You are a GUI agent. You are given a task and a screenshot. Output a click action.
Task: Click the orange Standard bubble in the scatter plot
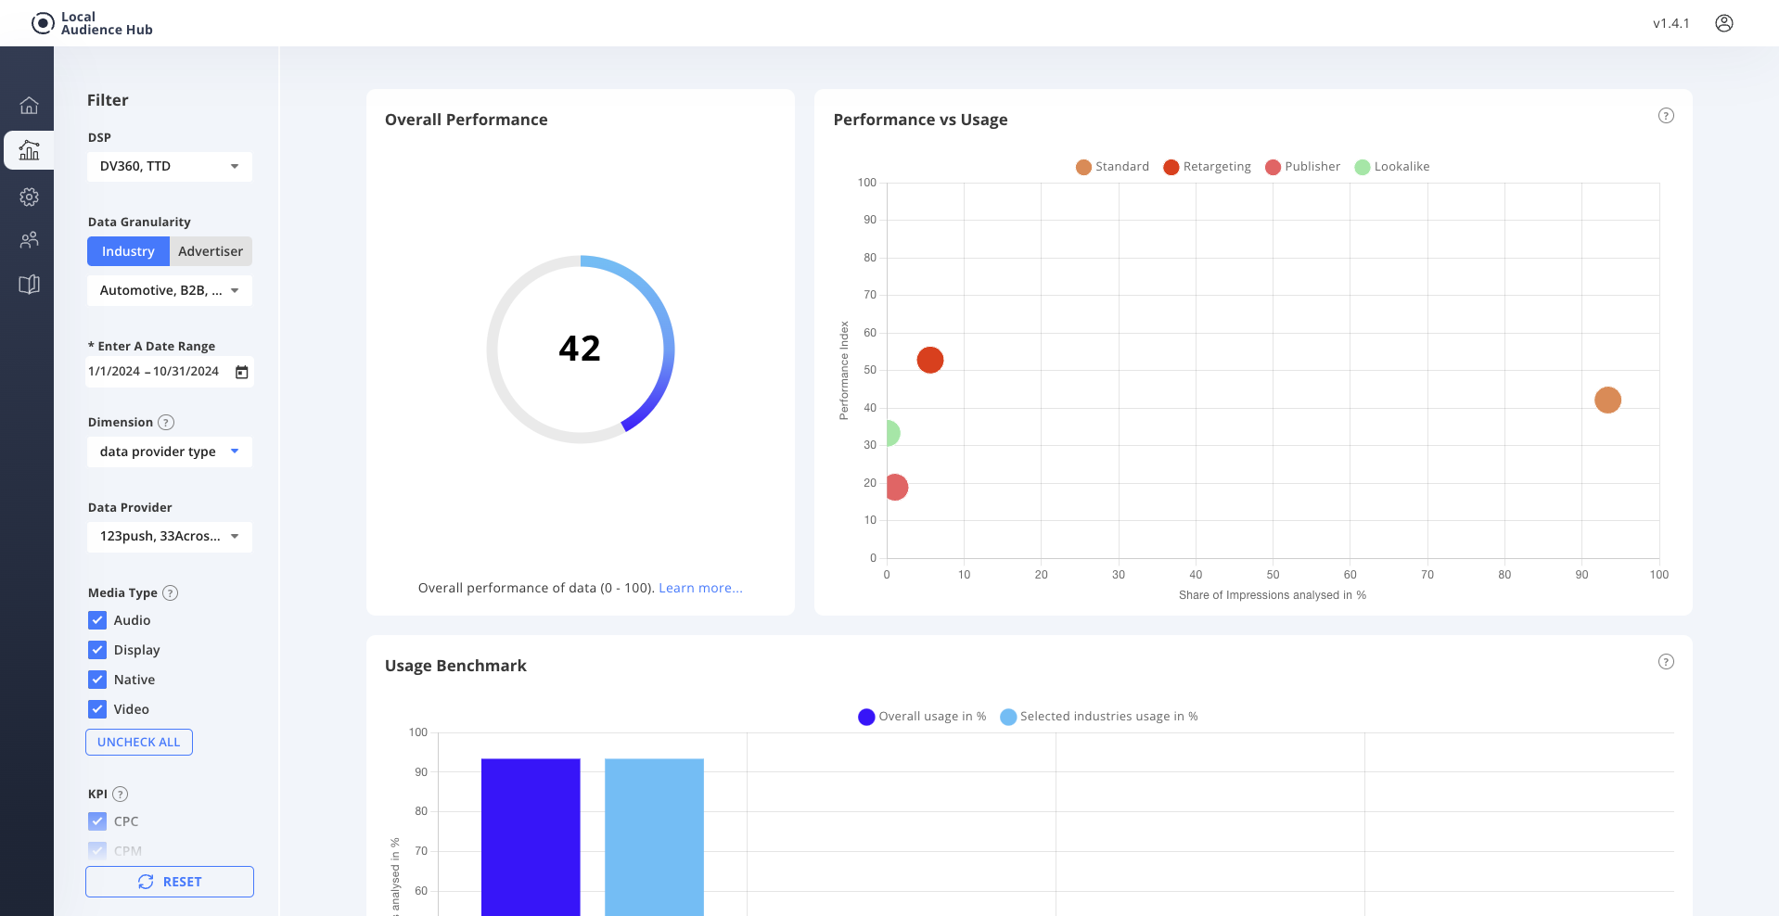tap(1606, 400)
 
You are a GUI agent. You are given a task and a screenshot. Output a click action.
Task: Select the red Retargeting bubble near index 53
tap(929, 360)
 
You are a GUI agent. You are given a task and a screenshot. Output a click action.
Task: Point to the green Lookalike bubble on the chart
tap(890, 433)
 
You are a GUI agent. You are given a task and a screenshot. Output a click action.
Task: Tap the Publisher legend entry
tap(1302, 167)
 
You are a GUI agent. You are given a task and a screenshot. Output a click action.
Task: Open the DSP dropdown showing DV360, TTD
tap(169, 166)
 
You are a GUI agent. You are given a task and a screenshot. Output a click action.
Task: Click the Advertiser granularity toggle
tap(211, 251)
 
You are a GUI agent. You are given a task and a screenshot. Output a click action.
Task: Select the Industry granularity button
tap(128, 251)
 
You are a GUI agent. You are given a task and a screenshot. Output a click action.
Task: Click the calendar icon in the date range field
tap(241, 372)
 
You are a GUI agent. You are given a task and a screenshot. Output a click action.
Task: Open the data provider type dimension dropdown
tap(169, 452)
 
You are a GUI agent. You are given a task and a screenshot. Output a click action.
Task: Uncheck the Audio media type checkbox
tap(97, 620)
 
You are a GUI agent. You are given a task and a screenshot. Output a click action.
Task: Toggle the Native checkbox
tap(97, 680)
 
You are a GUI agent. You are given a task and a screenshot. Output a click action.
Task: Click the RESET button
tap(170, 882)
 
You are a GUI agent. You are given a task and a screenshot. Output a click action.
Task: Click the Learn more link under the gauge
tap(700, 588)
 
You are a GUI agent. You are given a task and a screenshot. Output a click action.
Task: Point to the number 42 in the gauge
tap(580, 349)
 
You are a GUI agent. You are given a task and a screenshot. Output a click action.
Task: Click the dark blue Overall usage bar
tap(531, 834)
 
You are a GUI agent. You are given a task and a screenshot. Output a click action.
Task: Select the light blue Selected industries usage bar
tap(654, 834)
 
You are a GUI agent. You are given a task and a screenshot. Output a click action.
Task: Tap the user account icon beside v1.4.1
tap(1723, 23)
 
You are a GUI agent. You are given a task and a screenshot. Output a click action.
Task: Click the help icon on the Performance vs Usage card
tap(1666, 116)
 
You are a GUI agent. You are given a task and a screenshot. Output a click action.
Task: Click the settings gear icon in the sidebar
tap(29, 197)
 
